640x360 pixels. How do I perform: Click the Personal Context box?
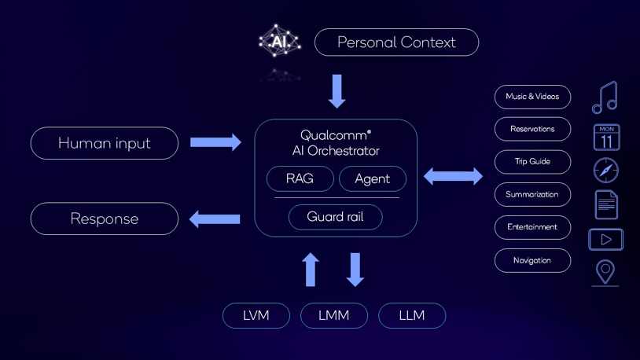pos(396,42)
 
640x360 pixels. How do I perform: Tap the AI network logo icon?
pos(279,41)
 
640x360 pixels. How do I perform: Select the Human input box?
pos(105,143)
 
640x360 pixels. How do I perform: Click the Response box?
pos(105,219)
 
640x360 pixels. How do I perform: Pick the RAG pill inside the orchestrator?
pos(300,178)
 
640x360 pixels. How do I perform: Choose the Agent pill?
pos(372,178)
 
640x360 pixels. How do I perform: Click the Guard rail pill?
pos(335,217)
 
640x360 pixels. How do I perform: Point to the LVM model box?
pos(256,315)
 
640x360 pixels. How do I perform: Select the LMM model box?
pos(334,315)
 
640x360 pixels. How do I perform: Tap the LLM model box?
pos(412,315)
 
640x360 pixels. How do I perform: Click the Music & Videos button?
pos(532,97)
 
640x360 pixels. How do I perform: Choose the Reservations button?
pos(532,129)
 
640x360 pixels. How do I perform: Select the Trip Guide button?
pos(532,162)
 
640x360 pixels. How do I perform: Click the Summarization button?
pos(532,194)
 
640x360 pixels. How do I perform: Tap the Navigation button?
pos(532,260)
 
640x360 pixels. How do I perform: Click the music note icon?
pos(605,97)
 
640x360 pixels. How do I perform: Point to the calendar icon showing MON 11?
pos(606,138)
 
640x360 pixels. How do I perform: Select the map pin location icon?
pos(605,272)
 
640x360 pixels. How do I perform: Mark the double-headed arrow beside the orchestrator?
pos(454,176)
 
